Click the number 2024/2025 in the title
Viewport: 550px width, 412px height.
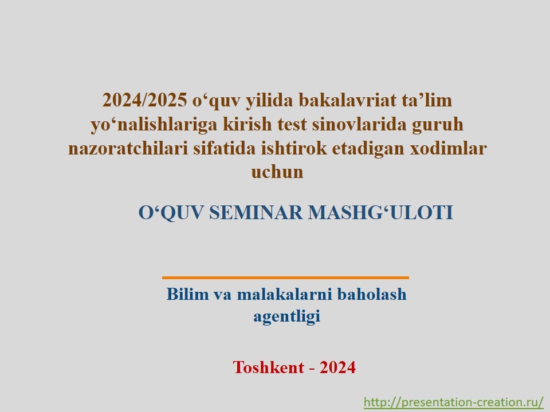click(144, 100)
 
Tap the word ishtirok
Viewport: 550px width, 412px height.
click(293, 148)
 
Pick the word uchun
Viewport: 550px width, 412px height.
click(277, 172)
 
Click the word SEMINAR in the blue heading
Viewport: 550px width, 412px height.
click(256, 213)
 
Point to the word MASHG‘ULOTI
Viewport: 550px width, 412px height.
click(380, 213)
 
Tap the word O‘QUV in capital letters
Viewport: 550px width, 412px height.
click(171, 213)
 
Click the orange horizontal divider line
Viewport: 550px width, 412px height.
click(285, 278)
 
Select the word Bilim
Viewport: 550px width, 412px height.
click(188, 294)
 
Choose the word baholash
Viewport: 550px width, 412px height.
click(372, 294)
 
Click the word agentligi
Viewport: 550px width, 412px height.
click(287, 316)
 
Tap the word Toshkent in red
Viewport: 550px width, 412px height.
click(268, 367)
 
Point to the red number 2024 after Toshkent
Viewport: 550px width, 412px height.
click(337, 367)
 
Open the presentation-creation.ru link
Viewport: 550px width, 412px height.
click(454, 402)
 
